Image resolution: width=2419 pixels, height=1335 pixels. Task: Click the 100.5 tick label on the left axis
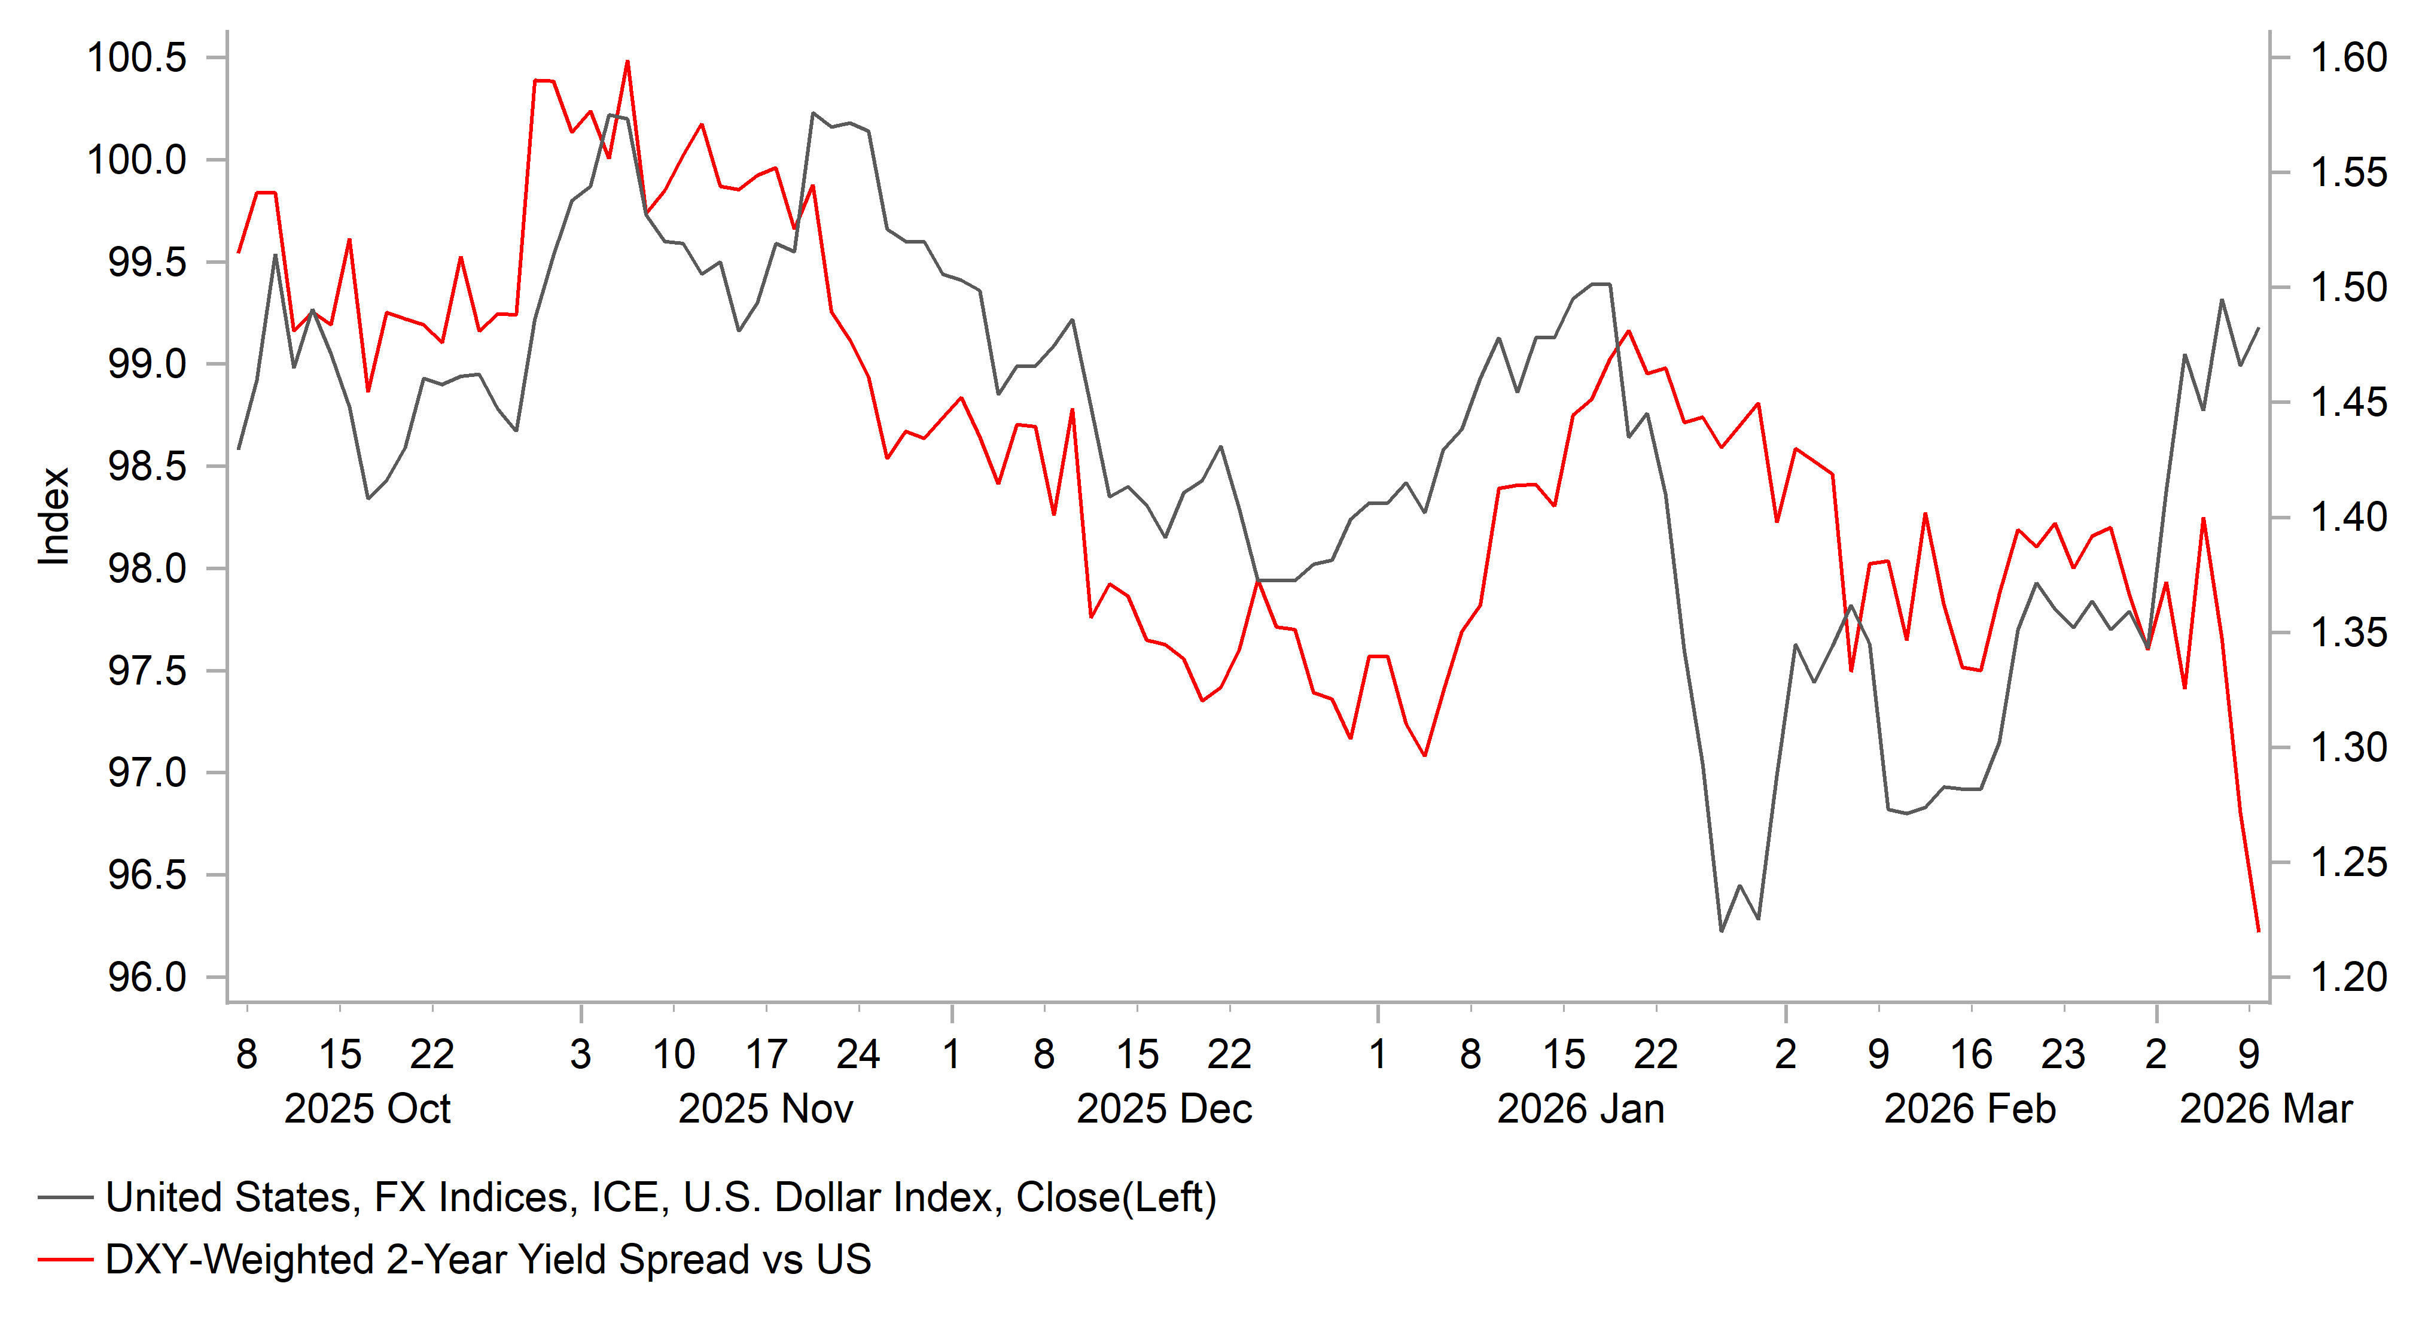tap(136, 58)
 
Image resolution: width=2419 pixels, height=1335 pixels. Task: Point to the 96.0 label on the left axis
tap(147, 978)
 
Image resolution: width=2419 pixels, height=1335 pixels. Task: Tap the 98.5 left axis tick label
tap(147, 467)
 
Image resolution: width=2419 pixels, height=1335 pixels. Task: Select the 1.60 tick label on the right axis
tap(2348, 58)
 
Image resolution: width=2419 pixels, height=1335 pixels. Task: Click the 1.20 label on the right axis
tap(2348, 978)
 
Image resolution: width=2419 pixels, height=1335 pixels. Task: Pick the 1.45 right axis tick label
tap(2348, 403)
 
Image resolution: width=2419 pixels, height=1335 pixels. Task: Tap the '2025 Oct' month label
tap(367, 1109)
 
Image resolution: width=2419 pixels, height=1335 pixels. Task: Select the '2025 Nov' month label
tap(765, 1109)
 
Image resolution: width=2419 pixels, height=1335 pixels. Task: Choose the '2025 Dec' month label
tap(1163, 1109)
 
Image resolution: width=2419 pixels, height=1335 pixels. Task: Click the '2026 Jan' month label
tap(1580, 1109)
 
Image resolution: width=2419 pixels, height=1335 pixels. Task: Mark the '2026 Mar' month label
tap(2265, 1109)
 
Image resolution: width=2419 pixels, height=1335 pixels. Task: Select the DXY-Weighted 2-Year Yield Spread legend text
tap(488, 1260)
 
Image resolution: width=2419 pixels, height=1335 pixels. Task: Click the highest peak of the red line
tap(627, 62)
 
